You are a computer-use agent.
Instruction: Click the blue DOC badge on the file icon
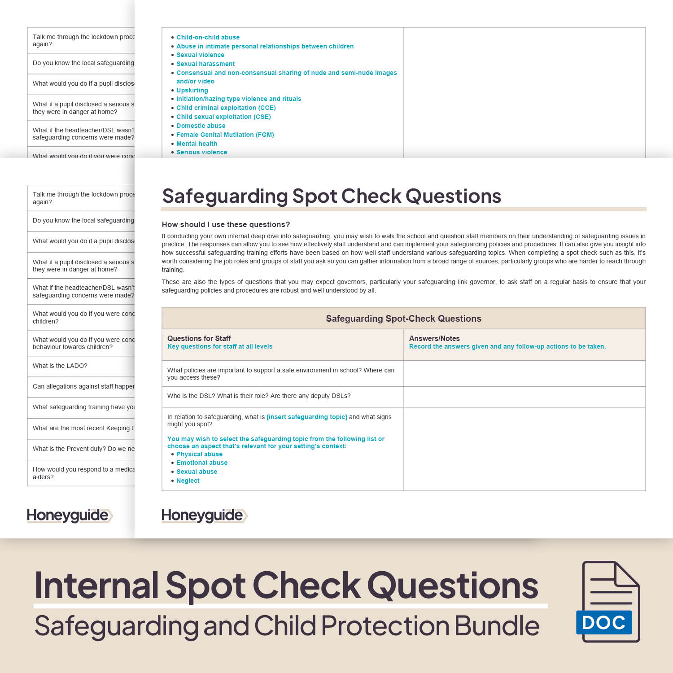coord(603,622)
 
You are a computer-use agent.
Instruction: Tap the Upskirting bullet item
coord(192,90)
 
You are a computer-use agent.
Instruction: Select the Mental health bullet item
coord(197,144)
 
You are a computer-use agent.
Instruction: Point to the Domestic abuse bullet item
coord(201,126)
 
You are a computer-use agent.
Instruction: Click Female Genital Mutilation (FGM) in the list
coord(225,135)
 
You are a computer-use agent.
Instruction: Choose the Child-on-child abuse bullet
coord(208,37)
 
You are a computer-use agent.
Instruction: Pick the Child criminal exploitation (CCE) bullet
coord(226,108)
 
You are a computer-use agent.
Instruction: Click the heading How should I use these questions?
coord(226,224)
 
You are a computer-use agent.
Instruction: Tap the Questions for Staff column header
coord(199,338)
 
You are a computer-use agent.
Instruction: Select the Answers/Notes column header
coord(434,338)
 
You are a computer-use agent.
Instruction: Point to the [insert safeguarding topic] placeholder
coord(307,417)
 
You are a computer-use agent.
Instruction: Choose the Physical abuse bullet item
coord(199,454)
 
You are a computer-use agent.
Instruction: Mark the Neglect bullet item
coord(188,481)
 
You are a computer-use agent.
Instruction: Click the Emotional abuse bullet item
coord(201,463)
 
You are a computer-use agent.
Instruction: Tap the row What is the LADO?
coord(60,366)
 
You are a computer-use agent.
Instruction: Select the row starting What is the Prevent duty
coord(83,449)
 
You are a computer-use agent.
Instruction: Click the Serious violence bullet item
coord(201,152)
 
